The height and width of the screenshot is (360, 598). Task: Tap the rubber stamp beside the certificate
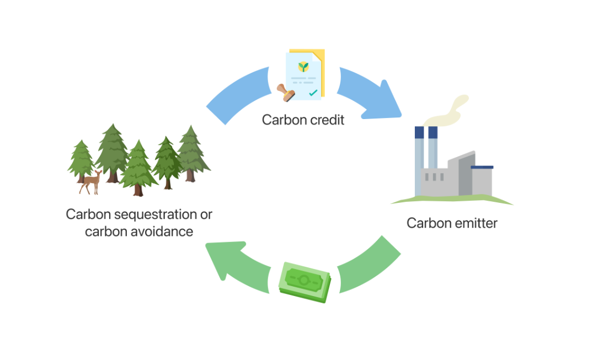coord(286,93)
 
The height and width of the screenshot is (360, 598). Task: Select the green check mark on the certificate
coord(313,93)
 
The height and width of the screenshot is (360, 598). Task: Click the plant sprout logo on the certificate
coord(303,67)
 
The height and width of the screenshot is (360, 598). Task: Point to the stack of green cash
coord(305,282)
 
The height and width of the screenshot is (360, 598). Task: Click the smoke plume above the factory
coord(446,110)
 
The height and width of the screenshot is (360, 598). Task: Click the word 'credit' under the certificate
coord(327,120)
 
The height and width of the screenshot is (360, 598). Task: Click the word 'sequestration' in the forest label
coord(156,215)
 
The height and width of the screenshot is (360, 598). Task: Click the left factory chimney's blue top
coord(419,132)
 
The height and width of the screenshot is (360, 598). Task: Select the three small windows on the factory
coord(434,177)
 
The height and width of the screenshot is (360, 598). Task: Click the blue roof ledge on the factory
coord(482,167)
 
